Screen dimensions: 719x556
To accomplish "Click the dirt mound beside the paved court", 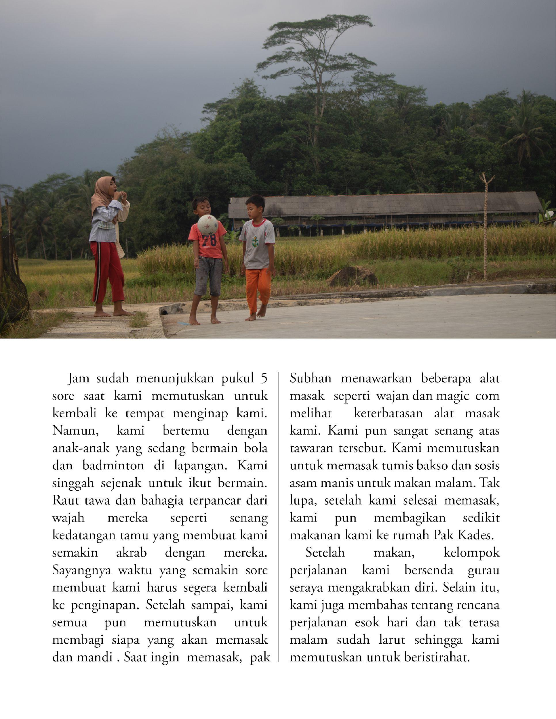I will point(353,277).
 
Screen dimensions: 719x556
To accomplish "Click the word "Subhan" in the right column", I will point(310,378).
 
